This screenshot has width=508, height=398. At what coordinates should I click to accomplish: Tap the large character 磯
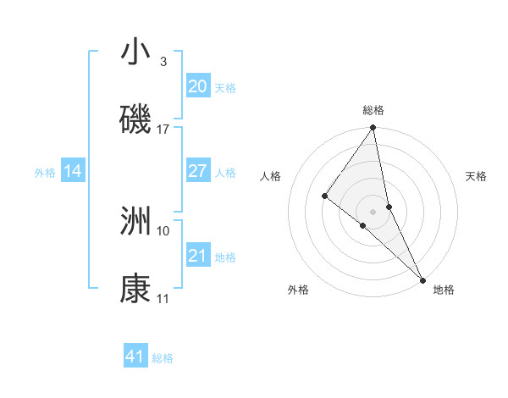pyautogui.click(x=135, y=120)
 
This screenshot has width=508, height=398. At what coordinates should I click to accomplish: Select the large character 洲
pyautogui.click(x=135, y=222)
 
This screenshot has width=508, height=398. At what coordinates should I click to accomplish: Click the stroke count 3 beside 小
pyautogui.click(x=163, y=62)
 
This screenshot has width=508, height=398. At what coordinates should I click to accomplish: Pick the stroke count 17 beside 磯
pyautogui.click(x=163, y=130)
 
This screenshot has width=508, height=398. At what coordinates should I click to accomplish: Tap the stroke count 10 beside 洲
pyautogui.click(x=163, y=230)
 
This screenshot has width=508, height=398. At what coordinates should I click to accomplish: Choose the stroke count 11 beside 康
pyautogui.click(x=163, y=299)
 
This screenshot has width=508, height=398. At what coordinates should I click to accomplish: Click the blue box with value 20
pyautogui.click(x=197, y=86)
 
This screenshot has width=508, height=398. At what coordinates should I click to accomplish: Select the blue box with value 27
pyautogui.click(x=197, y=171)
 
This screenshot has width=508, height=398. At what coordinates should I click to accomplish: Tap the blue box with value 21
pyautogui.click(x=197, y=256)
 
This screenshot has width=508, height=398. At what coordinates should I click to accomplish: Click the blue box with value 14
pyautogui.click(x=73, y=171)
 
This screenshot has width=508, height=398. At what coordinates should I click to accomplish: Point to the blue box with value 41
pyautogui.click(x=135, y=357)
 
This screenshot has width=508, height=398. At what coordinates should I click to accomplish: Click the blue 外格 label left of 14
pyautogui.click(x=45, y=173)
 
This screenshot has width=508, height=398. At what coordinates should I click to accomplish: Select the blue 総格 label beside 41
pyautogui.click(x=163, y=358)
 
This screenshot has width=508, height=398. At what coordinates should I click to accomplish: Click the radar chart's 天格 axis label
pyautogui.click(x=476, y=176)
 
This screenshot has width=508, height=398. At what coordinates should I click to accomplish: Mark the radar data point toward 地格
pyautogui.click(x=422, y=279)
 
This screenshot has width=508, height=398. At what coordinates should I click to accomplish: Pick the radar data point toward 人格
pyautogui.click(x=324, y=196)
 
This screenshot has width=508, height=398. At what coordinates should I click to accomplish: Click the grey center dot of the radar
pyautogui.click(x=373, y=211)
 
